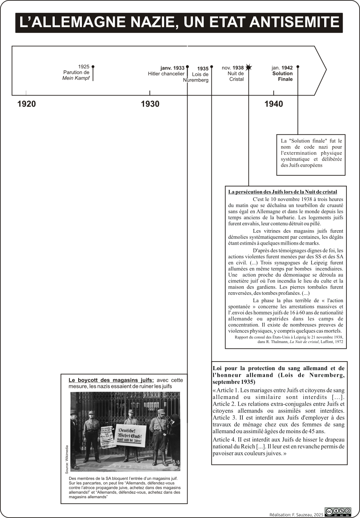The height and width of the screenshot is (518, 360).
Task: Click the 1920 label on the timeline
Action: pyautogui.click(x=26, y=104)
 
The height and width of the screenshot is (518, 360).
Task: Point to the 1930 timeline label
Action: pyautogui.click(x=150, y=104)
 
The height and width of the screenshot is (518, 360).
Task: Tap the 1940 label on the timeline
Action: pyautogui.click(x=274, y=104)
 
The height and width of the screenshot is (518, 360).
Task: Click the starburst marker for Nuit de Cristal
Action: pyautogui.click(x=249, y=67)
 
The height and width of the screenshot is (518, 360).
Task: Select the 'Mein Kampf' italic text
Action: pyautogui.click(x=76, y=78)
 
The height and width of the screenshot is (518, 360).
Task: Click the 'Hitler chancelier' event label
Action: pyautogui.click(x=166, y=74)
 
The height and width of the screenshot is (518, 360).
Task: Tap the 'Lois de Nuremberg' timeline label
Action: pyautogui.click(x=197, y=77)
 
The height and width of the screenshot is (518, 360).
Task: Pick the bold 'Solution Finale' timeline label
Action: pyautogui.click(x=283, y=76)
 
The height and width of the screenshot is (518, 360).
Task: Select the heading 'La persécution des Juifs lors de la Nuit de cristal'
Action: pyautogui.click(x=283, y=192)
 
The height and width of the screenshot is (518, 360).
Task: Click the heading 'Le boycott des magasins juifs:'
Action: pyautogui.click(x=111, y=380)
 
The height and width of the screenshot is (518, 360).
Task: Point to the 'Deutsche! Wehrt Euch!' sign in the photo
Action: pyautogui.click(x=130, y=435)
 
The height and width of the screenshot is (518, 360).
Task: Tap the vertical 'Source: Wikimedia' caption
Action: pyautogui.click(x=67, y=459)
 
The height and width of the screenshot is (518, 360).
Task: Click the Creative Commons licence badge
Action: pyautogui.click(x=338, y=511)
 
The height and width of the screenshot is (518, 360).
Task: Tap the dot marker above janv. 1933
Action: pyautogui.click(x=187, y=66)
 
